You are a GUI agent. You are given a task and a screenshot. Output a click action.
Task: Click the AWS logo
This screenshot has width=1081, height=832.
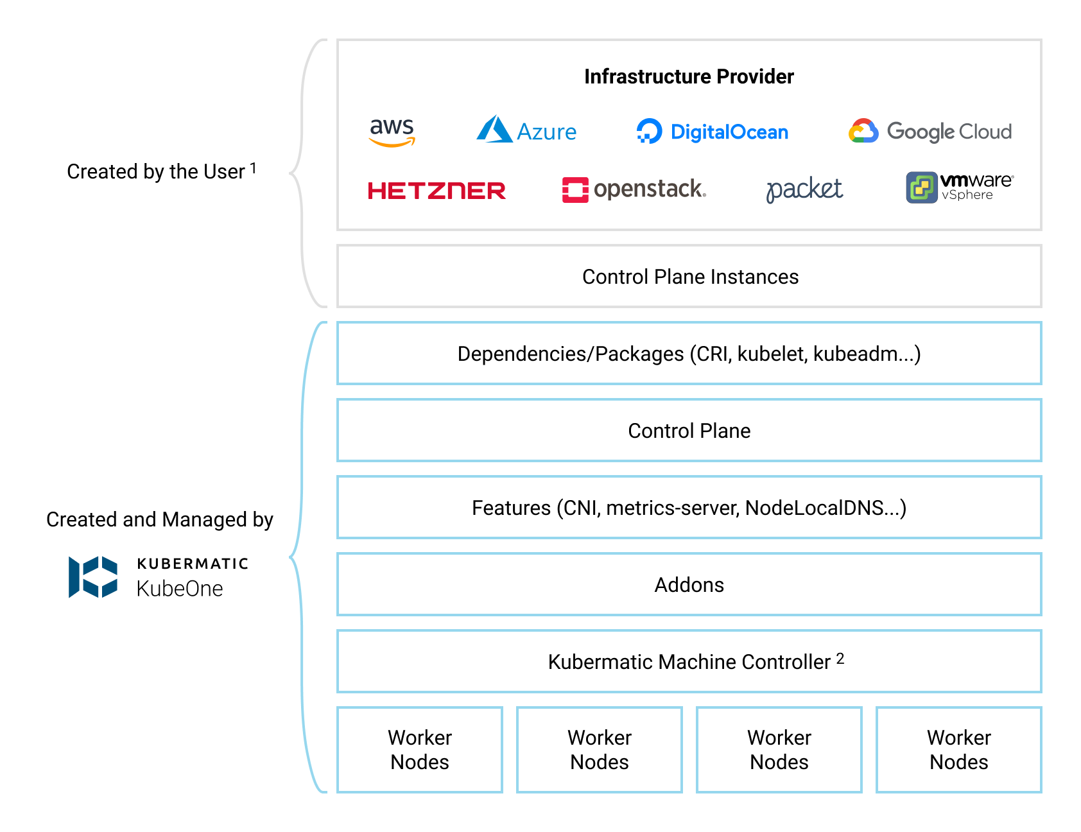392,132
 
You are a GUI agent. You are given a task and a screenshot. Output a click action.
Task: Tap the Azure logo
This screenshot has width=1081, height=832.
526,130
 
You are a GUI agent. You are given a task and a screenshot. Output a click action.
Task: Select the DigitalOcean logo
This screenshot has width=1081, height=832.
712,132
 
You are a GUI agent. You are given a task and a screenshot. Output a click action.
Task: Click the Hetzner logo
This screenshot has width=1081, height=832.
437,191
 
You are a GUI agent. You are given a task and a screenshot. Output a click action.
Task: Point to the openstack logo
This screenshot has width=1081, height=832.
634,189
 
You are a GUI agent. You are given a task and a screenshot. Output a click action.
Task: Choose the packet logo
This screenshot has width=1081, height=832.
804,189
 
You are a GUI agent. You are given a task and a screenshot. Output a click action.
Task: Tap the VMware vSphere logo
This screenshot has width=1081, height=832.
959,187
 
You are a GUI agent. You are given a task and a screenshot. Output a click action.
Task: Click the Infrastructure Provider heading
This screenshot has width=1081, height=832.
689,77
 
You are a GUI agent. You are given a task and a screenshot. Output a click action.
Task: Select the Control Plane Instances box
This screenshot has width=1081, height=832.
689,277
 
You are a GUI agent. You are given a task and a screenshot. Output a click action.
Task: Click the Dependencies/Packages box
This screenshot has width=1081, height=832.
689,354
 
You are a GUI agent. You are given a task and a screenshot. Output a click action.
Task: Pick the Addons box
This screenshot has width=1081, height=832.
689,585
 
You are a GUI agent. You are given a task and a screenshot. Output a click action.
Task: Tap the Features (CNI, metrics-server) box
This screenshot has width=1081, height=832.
689,508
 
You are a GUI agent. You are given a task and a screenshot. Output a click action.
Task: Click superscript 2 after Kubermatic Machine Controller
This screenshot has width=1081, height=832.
840,658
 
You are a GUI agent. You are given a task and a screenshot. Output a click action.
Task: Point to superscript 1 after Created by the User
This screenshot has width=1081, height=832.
253,168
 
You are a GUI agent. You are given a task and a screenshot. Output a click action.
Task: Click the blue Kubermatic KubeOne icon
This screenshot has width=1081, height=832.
93,576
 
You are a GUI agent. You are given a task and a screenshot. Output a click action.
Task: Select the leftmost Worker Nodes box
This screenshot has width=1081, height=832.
420,750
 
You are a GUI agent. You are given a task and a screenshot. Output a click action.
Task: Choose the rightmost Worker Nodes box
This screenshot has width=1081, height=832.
958,750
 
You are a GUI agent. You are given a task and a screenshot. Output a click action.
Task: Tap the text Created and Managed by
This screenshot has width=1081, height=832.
160,519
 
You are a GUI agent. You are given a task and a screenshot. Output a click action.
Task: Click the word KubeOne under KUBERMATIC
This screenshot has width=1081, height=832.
180,589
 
